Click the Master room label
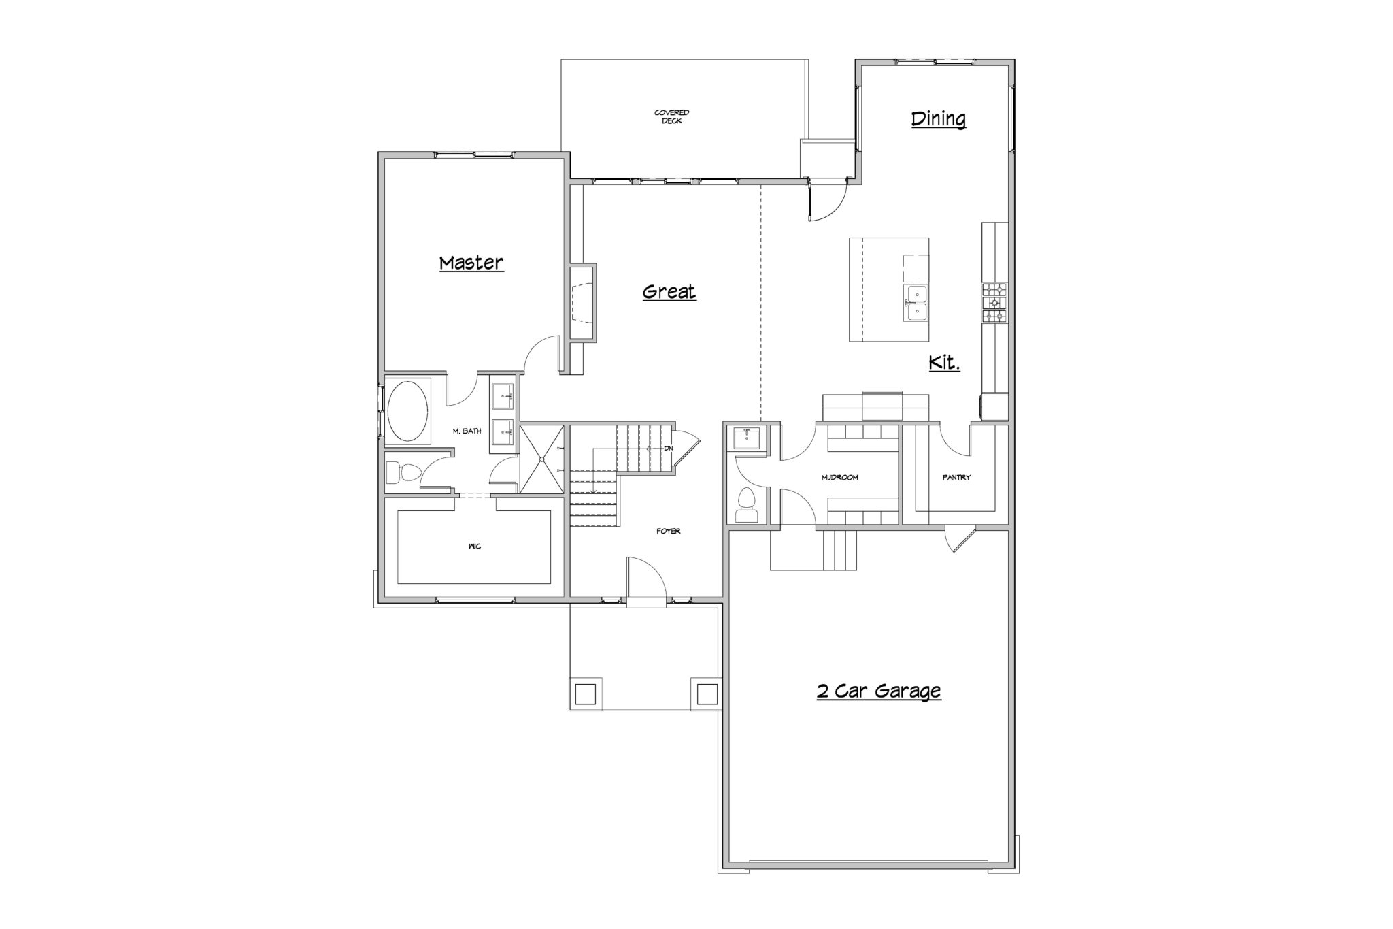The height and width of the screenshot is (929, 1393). point(471,263)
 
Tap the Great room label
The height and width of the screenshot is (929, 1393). point(669,292)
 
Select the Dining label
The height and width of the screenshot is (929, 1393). point(939,118)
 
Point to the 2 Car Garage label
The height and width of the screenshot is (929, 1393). point(879,691)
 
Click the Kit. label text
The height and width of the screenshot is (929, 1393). point(945,363)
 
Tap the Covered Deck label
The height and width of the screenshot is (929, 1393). point(672,116)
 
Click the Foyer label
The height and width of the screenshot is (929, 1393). point(669,531)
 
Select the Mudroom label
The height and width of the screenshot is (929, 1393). point(840,478)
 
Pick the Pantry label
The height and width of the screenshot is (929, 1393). point(956,478)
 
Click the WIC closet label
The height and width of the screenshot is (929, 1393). point(475,547)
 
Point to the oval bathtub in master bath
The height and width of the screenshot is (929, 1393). point(407,412)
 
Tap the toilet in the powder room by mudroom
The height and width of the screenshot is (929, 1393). point(747,504)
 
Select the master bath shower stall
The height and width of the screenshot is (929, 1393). point(542,459)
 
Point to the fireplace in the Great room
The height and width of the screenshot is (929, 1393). point(582,302)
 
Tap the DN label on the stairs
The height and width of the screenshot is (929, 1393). point(668,449)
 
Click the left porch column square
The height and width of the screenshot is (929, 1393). point(585,694)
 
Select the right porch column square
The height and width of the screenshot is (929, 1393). point(707,694)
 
